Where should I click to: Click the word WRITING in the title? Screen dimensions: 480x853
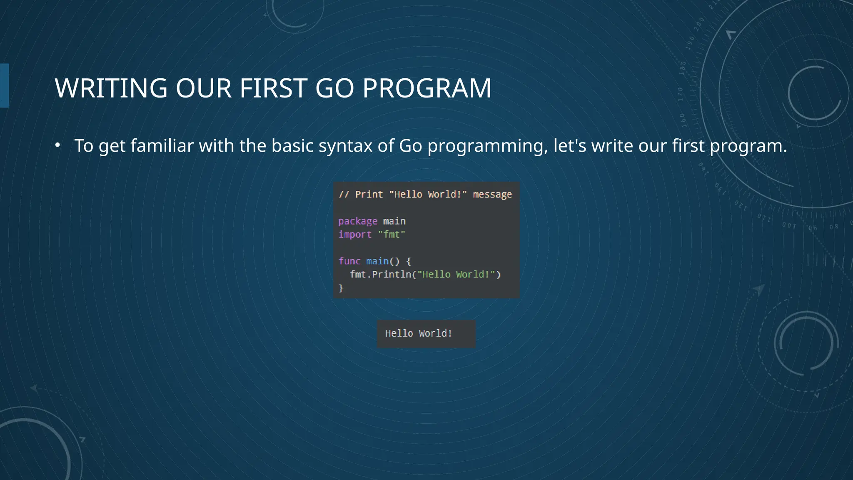111,88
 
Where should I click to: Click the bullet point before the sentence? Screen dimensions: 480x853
58,145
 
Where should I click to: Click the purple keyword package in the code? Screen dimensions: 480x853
358,221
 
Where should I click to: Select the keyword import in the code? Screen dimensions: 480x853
355,235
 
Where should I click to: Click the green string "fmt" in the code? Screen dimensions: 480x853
392,235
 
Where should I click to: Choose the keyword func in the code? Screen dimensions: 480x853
349,261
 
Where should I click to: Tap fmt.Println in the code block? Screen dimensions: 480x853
380,275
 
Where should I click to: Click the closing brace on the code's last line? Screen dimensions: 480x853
341,288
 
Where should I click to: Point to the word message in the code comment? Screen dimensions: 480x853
492,195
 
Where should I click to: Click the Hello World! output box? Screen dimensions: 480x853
426,334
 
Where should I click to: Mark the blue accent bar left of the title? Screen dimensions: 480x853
5,85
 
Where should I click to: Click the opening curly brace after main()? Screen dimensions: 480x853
409,261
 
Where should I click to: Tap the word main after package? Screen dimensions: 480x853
394,221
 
